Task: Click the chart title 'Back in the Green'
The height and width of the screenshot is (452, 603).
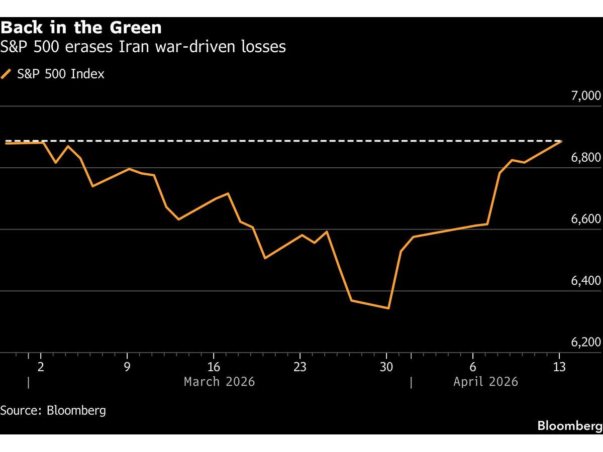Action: click(x=81, y=27)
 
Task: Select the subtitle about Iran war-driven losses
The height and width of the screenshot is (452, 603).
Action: click(x=143, y=47)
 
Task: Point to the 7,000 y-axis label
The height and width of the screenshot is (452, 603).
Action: click(x=586, y=96)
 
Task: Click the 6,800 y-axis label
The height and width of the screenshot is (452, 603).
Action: click(x=586, y=158)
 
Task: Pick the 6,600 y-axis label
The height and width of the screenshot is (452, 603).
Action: click(x=586, y=219)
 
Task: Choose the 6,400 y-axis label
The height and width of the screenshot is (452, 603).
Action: click(x=586, y=281)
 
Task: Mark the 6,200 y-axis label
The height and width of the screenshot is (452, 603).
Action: click(x=586, y=343)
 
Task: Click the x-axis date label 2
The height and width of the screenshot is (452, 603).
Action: click(x=41, y=367)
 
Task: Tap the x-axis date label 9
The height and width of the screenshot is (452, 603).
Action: click(x=127, y=367)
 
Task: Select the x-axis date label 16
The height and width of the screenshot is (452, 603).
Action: click(x=214, y=367)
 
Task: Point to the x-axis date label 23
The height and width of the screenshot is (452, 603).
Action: click(x=299, y=367)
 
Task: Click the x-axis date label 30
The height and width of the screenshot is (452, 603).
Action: click(x=386, y=367)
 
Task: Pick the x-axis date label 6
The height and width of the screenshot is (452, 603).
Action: click(x=473, y=367)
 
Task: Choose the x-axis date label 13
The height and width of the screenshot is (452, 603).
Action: click(x=559, y=367)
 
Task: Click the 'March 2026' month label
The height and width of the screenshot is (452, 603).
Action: click(x=219, y=382)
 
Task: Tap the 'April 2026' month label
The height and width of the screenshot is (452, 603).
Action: click(x=485, y=382)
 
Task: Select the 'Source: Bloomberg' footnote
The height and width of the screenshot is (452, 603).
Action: click(x=53, y=410)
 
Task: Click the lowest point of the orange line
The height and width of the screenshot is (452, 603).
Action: click(x=388, y=308)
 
